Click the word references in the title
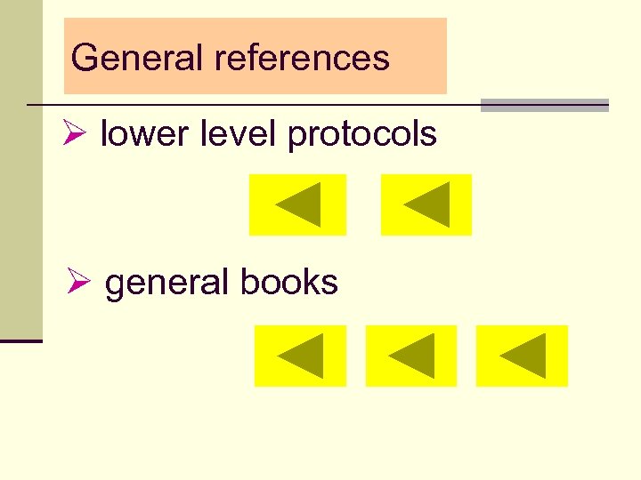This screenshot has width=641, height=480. (303, 59)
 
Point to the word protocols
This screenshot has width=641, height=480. (362, 135)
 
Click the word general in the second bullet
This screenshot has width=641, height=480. (166, 283)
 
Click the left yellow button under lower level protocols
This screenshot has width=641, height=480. (297, 204)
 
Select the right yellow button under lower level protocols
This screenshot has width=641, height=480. (426, 204)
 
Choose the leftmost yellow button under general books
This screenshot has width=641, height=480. (300, 356)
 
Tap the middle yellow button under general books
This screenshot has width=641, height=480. (410, 356)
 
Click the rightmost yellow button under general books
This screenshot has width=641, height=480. (522, 356)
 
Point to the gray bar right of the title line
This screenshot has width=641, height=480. (544, 105)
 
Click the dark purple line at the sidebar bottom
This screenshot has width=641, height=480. (20, 340)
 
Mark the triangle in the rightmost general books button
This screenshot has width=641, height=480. (524, 356)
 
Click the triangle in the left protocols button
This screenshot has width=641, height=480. (300, 204)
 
